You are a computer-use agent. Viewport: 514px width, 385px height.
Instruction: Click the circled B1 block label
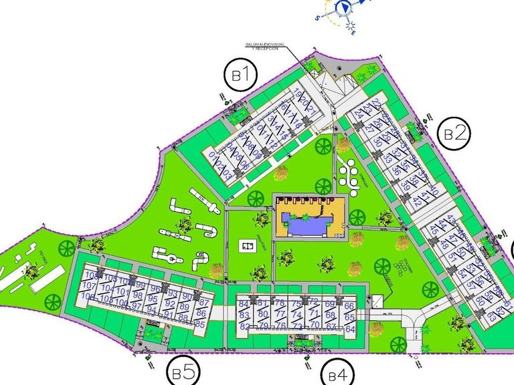click(x=241, y=76)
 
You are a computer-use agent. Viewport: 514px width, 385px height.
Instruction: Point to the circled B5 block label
click(x=182, y=371)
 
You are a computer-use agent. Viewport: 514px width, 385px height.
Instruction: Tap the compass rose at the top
click(x=343, y=7)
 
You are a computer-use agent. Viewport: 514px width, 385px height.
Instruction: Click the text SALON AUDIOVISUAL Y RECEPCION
click(x=266, y=46)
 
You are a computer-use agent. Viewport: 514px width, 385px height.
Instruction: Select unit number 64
click(x=349, y=328)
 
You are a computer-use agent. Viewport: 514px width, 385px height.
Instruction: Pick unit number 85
click(x=199, y=324)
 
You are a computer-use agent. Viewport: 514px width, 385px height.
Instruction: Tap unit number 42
click(x=418, y=202)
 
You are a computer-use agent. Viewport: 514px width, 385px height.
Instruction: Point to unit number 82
click(x=244, y=326)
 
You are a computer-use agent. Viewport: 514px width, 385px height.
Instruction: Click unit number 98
click(x=139, y=295)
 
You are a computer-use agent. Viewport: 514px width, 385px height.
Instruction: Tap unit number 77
click(x=280, y=314)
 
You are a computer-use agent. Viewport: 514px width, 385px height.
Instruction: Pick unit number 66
click(x=349, y=306)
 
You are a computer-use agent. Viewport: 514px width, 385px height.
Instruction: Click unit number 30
click(x=377, y=142)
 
